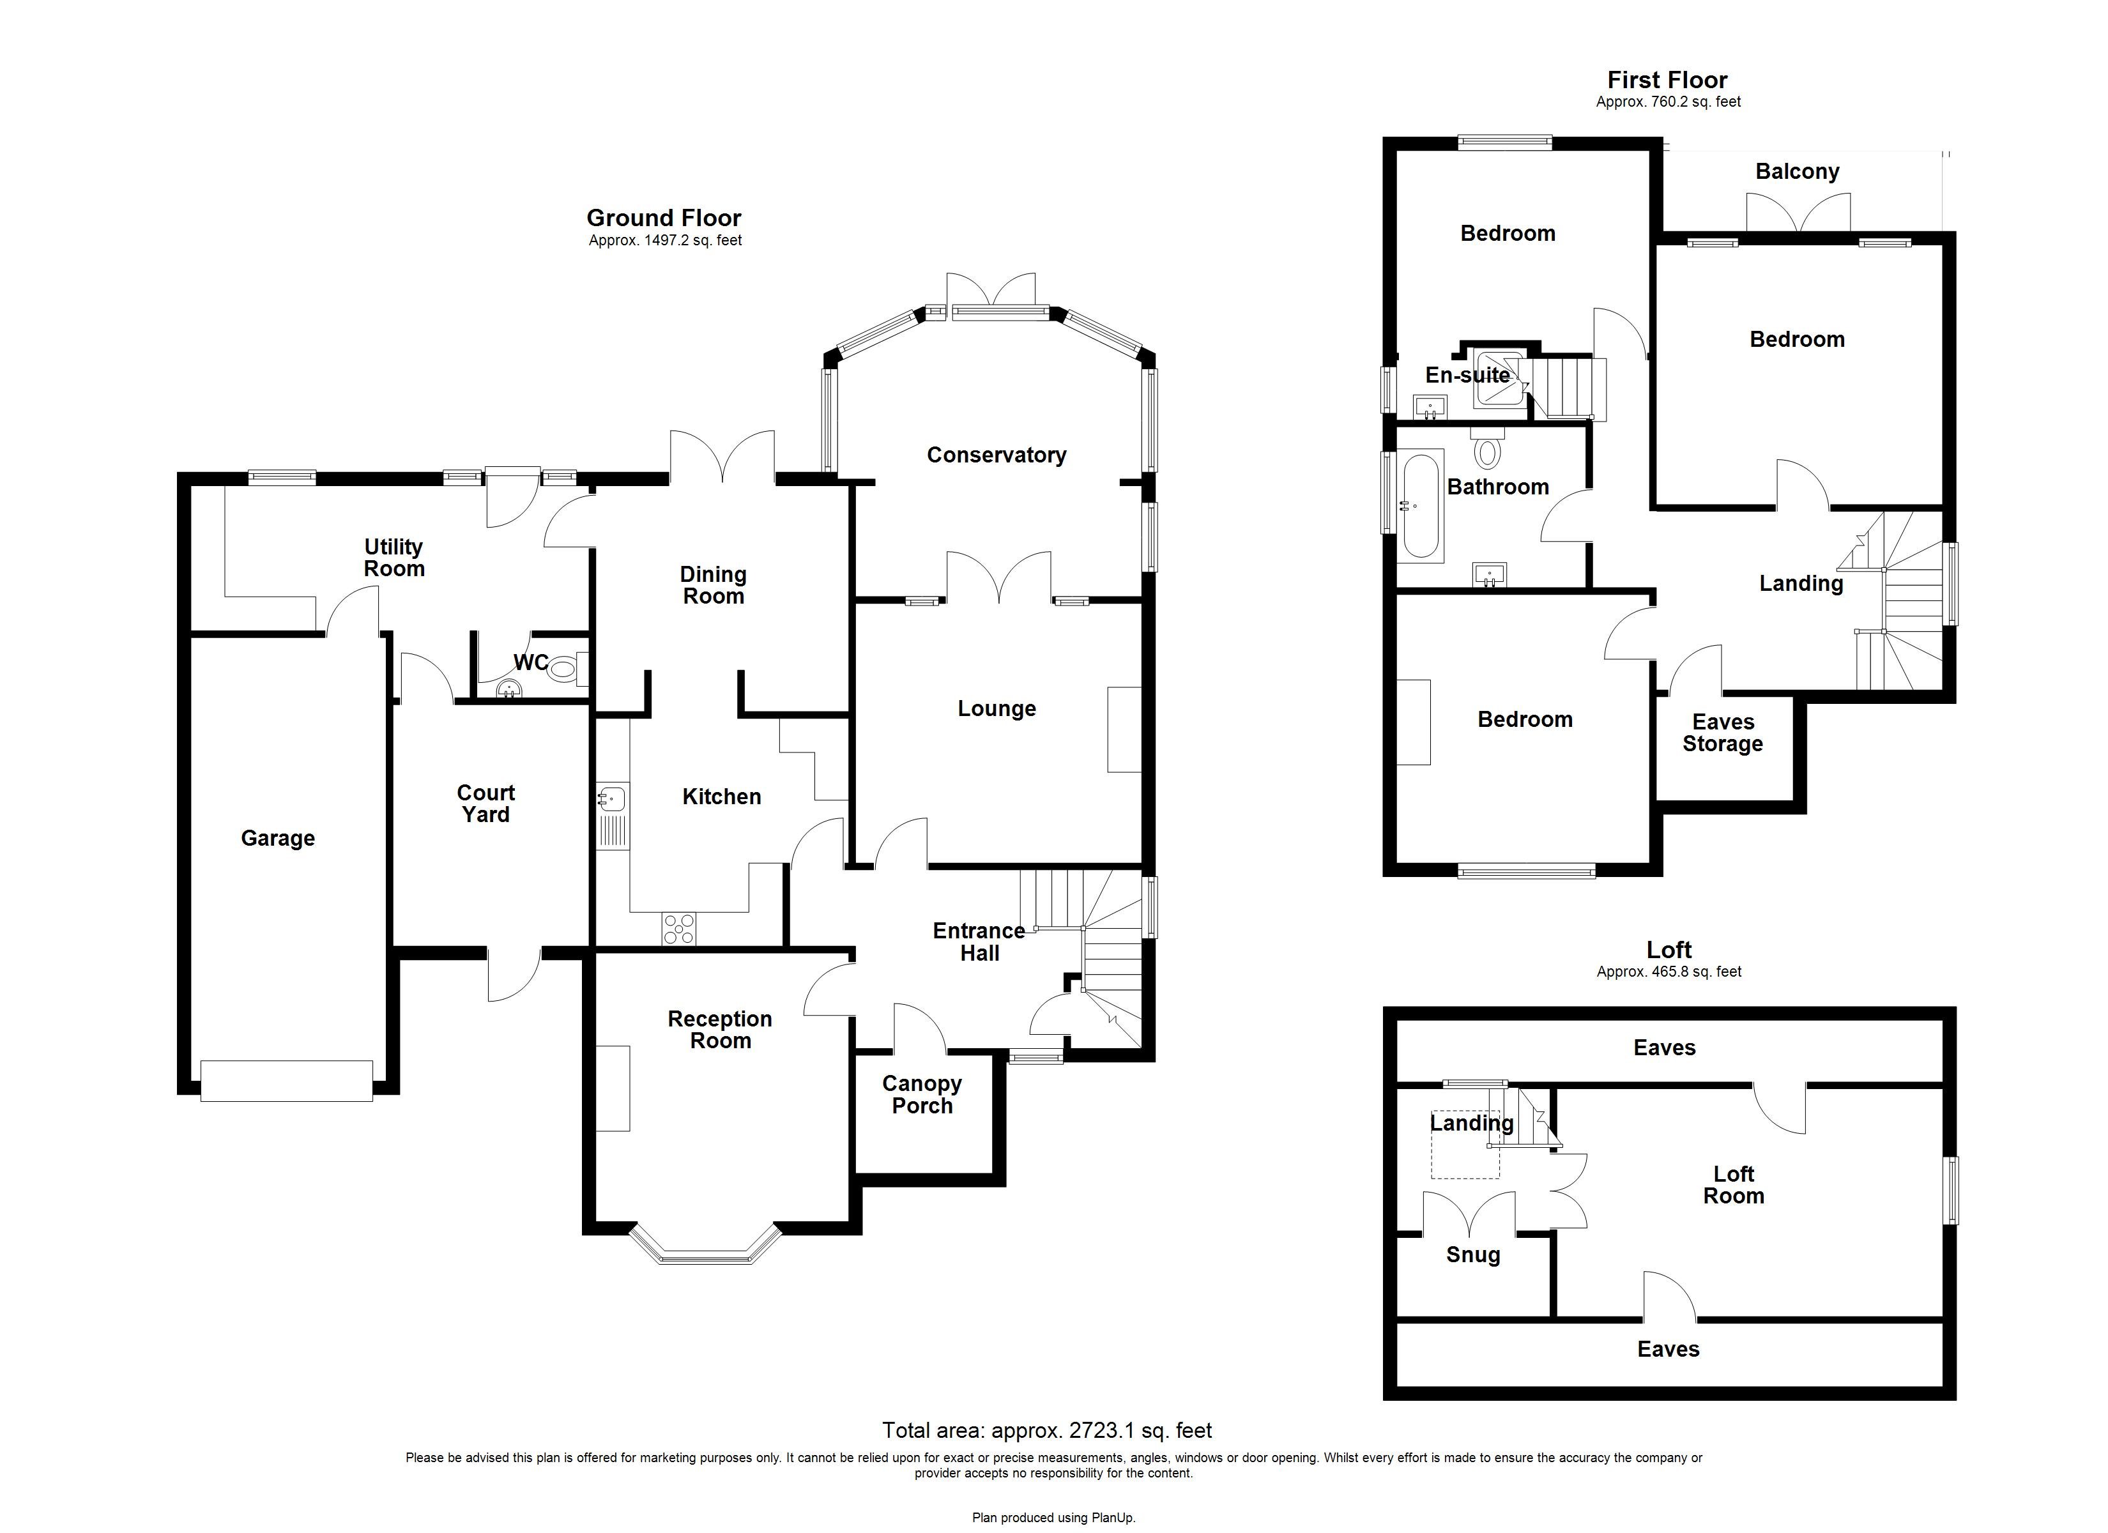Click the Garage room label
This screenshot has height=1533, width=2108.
coord(277,839)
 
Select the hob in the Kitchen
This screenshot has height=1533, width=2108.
coord(678,929)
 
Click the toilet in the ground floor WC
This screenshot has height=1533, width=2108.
coord(563,667)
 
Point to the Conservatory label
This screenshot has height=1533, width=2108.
coord(997,455)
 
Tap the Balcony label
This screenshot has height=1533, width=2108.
coord(1797,171)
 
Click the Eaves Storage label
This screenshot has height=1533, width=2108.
coord(1722,733)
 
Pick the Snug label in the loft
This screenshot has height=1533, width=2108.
coord(1472,1255)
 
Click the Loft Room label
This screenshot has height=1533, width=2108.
coord(1734,1186)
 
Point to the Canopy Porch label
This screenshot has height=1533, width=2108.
coord(922,1094)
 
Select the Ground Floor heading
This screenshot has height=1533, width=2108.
coord(664,218)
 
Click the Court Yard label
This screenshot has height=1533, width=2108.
coord(485,803)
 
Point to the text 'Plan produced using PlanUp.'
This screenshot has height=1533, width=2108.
coord(1053,1517)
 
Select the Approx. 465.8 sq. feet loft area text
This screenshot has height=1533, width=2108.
coord(1669,972)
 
